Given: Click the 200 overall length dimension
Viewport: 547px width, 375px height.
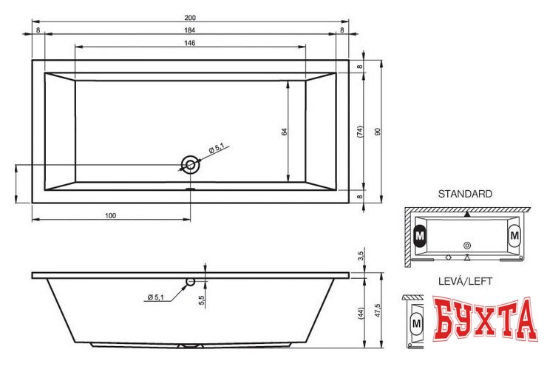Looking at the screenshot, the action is [190, 18].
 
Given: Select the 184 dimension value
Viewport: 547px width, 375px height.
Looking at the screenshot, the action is [189, 30].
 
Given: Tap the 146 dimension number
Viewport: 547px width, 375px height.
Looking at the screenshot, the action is [189, 43].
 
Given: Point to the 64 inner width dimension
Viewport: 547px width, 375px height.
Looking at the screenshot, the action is [285, 132].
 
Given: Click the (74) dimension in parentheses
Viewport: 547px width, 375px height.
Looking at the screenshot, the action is [361, 132].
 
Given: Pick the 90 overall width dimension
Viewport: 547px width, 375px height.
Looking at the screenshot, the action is [378, 132].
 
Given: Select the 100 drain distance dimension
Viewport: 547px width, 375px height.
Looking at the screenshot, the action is [110, 215].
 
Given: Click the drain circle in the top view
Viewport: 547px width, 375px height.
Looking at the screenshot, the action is [190, 164].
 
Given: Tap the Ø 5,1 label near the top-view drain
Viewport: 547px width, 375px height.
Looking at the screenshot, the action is [217, 149].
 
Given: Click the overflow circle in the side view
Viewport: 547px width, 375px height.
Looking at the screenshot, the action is [191, 281].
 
